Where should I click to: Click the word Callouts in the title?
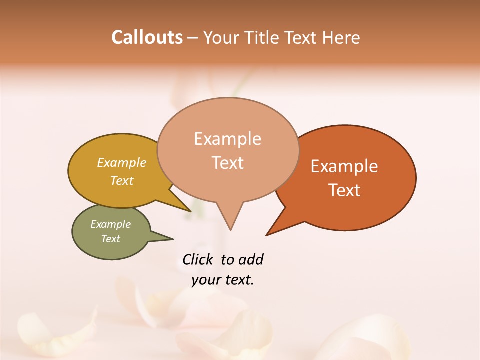(147, 37)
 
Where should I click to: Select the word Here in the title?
(341, 37)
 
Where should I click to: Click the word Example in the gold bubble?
(122, 162)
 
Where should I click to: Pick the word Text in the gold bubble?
(122, 180)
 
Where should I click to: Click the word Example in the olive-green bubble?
(111, 224)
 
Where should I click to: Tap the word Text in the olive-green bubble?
(111, 239)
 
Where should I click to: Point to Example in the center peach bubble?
(227, 139)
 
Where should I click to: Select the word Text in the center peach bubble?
(227, 163)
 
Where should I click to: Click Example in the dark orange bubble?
(344, 166)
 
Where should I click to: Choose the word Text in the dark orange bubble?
(344, 190)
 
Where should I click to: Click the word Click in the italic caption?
(197, 259)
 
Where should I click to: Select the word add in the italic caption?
(251, 259)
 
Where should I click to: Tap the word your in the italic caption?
(205, 280)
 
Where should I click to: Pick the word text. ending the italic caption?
(238, 280)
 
